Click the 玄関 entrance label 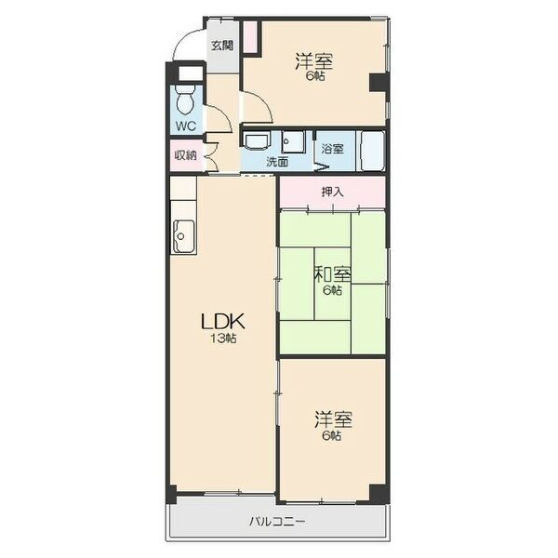tap(222, 46)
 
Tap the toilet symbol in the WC tap(185, 99)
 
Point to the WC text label tap(186, 126)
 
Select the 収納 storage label tap(185, 155)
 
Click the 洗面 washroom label tap(277, 162)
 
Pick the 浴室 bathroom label tap(332, 149)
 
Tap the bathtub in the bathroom tap(373, 151)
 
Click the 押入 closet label tap(332, 193)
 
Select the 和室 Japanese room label tap(332, 274)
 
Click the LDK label tap(223, 322)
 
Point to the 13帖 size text tap(223, 339)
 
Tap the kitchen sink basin tap(183, 236)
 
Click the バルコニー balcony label tap(277, 522)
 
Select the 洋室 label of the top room tap(314, 61)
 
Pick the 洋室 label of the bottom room tap(333, 419)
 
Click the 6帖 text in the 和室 tap(332, 290)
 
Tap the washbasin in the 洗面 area tap(257, 141)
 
